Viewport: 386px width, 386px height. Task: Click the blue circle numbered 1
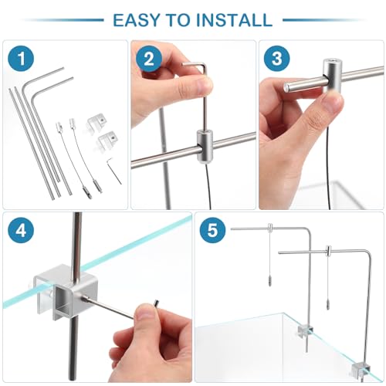21,59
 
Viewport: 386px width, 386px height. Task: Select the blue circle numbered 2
149,59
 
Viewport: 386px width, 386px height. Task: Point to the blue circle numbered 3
277,59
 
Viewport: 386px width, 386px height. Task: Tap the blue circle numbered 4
21,230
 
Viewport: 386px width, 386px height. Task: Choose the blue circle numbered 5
212,230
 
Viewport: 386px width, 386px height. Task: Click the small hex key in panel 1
113,171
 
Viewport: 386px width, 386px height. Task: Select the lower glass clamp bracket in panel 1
107,141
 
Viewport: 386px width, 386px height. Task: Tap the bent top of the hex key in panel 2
195,64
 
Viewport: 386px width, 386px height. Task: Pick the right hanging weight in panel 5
328,305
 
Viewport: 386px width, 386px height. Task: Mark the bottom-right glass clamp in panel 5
361,370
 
